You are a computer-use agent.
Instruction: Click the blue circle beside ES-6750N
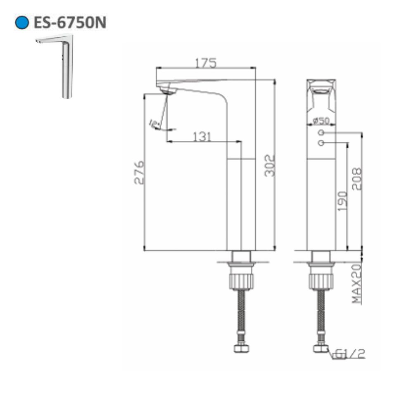(22, 22)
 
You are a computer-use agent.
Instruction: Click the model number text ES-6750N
(70, 22)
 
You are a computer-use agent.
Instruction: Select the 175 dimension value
(206, 62)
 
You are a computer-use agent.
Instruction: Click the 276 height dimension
(139, 172)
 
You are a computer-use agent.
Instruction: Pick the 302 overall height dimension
(269, 165)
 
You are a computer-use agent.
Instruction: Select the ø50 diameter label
(320, 121)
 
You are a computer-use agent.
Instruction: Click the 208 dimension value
(356, 179)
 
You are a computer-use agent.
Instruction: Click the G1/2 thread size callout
(349, 354)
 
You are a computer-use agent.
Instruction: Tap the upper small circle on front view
(321, 133)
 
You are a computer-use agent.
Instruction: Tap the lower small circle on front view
(321, 143)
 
